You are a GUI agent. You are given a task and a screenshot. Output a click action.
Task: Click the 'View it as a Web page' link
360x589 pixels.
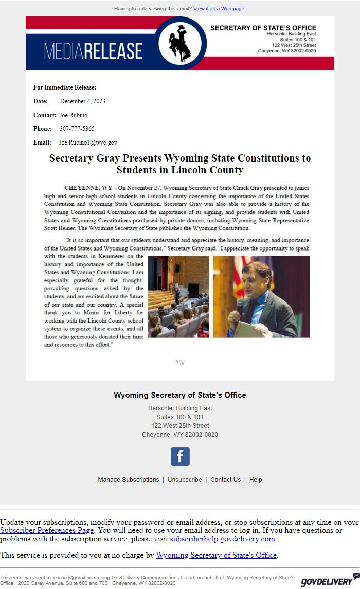[219, 9]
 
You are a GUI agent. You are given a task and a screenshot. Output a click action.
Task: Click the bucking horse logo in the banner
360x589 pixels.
[180, 43]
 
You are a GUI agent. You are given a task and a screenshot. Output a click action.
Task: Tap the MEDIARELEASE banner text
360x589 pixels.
[93, 51]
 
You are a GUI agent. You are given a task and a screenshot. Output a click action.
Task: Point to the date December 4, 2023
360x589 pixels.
[82, 101]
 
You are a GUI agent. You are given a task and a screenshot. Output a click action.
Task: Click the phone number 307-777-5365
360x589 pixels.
[77, 129]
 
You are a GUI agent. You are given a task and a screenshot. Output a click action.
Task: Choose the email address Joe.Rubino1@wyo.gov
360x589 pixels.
[88, 142]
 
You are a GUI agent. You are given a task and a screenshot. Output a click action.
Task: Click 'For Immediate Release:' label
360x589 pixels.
[65, 87]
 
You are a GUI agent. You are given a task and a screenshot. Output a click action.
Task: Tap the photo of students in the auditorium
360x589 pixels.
[178, 296]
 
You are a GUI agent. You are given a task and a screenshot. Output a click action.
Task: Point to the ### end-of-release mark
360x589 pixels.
[180, 363]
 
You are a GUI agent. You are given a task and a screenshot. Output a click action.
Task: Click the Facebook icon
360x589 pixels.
[180, 456]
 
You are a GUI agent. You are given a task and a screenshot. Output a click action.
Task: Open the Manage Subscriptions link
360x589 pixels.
[129, 480]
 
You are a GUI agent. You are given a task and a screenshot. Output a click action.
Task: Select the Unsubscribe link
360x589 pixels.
[185, 480]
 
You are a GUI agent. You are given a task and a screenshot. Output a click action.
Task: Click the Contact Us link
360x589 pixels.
[225, 480]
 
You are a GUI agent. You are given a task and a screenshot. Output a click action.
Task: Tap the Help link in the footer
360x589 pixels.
[256, 480]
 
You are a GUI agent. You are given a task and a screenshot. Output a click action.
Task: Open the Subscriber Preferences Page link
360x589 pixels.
[47, 530]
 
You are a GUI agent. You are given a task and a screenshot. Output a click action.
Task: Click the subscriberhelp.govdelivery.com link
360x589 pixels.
[223, 539]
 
